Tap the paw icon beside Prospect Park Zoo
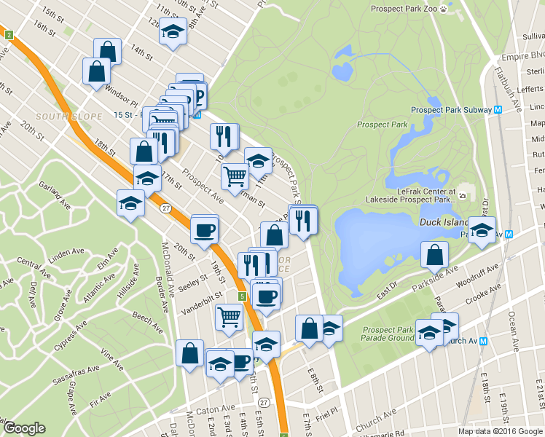(443, 9)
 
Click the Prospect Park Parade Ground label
(388, 334)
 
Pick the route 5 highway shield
(241, 296)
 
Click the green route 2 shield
(8, 35)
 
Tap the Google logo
(24, 428)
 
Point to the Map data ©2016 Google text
(501, 431)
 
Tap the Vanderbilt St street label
(201, 301)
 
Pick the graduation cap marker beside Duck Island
(482, 230)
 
